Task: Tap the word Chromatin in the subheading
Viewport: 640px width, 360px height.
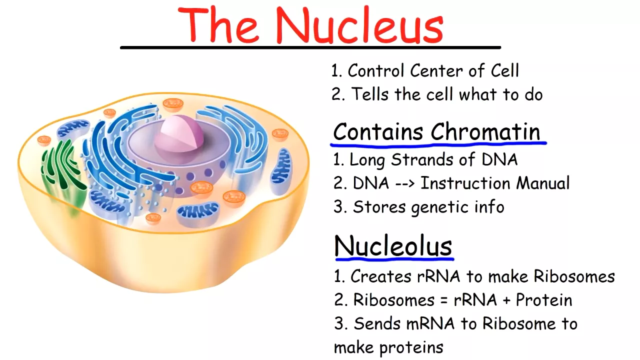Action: pos(485,131)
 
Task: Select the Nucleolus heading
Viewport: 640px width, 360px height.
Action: pos(393,245)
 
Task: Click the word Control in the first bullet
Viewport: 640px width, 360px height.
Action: pos(375,70)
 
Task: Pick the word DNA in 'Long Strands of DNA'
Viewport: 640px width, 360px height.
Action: pos(499,159)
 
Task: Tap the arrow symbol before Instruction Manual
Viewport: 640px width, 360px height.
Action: pos(405,183)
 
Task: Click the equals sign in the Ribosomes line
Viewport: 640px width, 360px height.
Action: pos(443,300)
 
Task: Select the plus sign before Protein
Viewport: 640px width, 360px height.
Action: pos(506,300)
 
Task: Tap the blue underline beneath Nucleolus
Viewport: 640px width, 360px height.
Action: pos(394,259)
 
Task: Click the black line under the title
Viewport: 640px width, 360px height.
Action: pos(310,47)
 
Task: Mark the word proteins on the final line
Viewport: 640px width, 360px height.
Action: pos(411,347)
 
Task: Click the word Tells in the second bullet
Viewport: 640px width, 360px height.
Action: pos(370,94)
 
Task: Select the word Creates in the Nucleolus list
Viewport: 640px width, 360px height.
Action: pos(381,276)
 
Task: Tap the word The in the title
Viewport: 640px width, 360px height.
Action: pos(219,25)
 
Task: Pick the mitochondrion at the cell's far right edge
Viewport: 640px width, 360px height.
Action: pos(280,172)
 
